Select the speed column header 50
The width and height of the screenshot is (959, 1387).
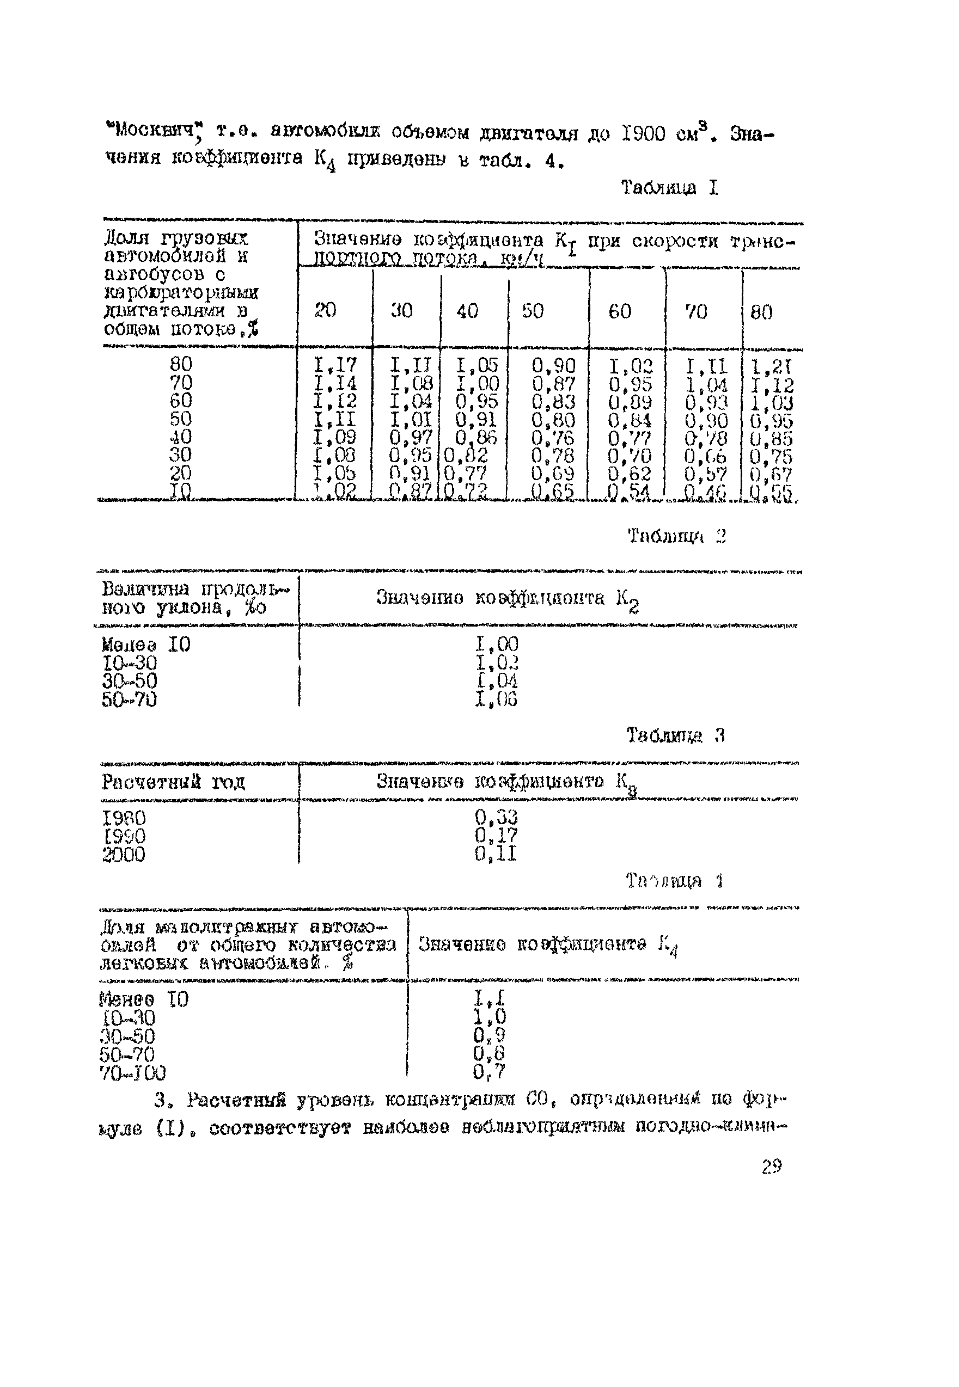pos(533,311)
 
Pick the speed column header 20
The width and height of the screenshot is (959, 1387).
pos(325,310)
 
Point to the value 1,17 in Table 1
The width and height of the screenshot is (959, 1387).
pos(335,365)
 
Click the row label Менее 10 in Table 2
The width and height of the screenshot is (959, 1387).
pos(146,645)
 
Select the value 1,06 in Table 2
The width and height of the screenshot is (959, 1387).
pos(496,699)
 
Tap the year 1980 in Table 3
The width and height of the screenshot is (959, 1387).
pos(124,818)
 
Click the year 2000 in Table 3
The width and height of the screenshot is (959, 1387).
pos(124,855)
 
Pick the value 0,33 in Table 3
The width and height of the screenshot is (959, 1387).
pos(496,817)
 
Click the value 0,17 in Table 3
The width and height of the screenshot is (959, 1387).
pos(496,835)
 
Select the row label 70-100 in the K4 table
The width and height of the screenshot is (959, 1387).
pos(133,1073)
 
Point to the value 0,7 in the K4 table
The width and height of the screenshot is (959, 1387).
pos(488,1072)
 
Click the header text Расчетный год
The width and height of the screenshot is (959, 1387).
pos(174,782)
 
